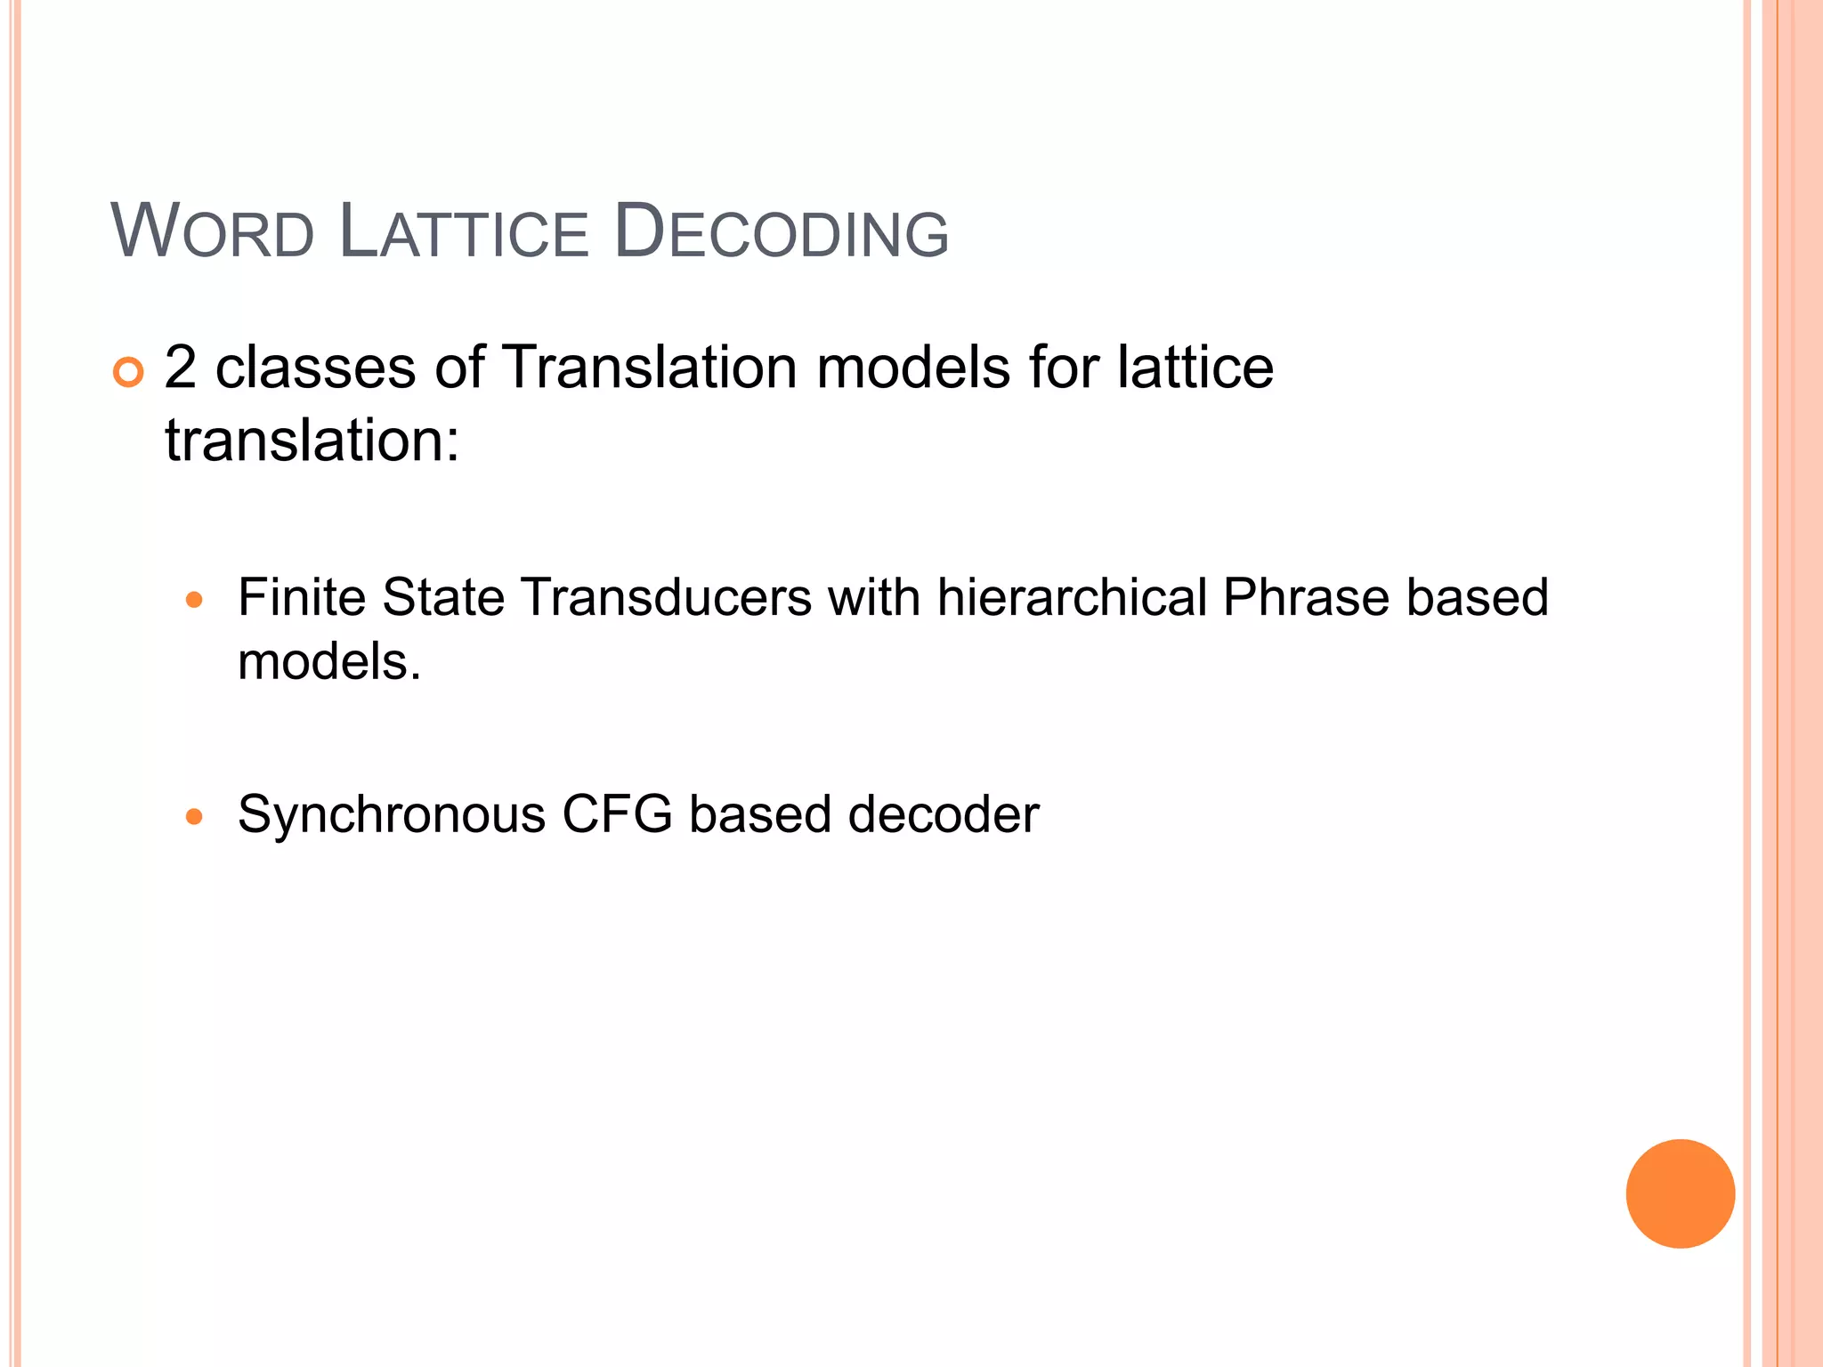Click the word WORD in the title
(x=213, y=232)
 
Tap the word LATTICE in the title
(x=464, y=232)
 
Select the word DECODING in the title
(x=782, y=232)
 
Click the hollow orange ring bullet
(x=128, y=372)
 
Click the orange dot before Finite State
(x=194, y=600)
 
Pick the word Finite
(x=302, y=596)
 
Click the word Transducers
(x=667, y=596)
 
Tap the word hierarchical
(x=1072, y=596)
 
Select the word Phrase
(x=1305, y=596)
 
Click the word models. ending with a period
(x=329, y=662)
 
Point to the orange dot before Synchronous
(x=194, y=816)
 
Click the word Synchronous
(x=392, y=814)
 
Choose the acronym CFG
(x=617, y=814)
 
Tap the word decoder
(x=944, y=814)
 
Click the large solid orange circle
(x=1680, y=1193)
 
